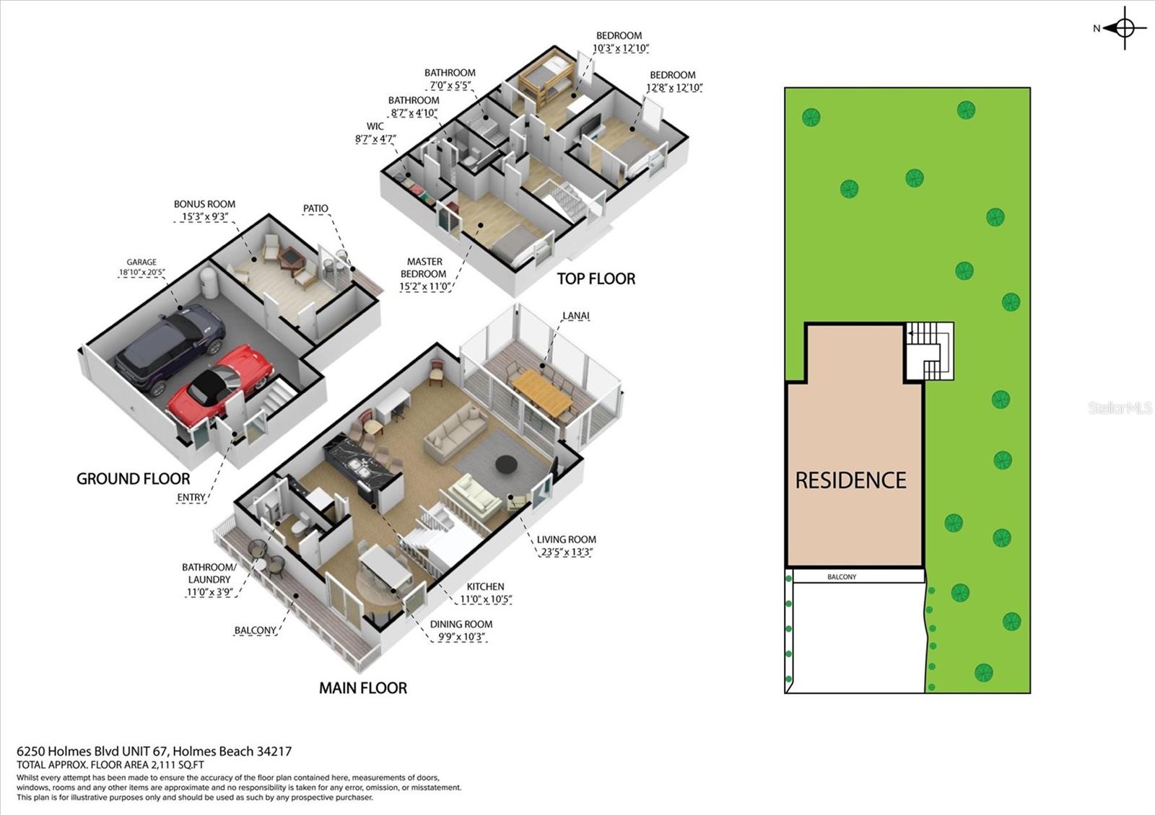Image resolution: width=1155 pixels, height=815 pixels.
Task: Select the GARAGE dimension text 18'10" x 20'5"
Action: tap(142, 273)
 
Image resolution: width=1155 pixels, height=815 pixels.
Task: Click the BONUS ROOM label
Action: tap(204, 204)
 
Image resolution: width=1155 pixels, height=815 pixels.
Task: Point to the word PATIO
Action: tap(315, 208)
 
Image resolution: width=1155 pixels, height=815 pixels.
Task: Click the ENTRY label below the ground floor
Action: tap(191, 498)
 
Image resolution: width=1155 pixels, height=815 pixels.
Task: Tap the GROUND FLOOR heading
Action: tap(134, 479)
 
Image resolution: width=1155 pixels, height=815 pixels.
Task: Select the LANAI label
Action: tap(575, 316)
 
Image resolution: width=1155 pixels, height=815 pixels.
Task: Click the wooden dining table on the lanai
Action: tap(542, 393)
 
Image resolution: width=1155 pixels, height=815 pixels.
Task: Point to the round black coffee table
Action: tap(506, 465)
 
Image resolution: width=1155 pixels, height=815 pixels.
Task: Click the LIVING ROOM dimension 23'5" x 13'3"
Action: tap(567, 552)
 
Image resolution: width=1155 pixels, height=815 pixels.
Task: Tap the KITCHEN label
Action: tap(485, 586)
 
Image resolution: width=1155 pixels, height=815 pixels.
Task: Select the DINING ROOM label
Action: tap(461, 624)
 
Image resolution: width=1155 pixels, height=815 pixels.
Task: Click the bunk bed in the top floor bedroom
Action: tap(546, 81)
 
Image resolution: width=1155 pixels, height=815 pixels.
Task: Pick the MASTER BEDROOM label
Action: tap(424, 268)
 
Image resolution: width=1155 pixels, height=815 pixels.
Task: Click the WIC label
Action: tap(375, 126)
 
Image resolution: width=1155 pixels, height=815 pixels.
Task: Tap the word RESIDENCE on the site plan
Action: tap(850, 480)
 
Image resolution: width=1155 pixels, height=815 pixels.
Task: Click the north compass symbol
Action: tap(1125, 29)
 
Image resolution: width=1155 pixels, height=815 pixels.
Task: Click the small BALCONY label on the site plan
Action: tap(842, 577)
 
